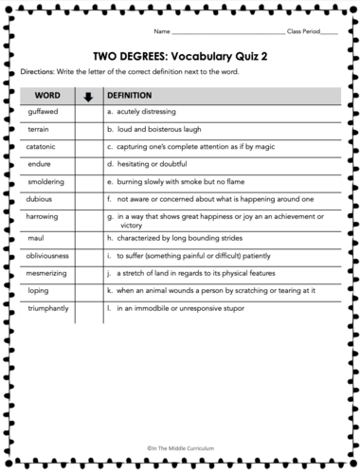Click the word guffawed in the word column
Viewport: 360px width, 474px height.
click(x=44, y=111)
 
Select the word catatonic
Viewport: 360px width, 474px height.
click(x=44, y=147)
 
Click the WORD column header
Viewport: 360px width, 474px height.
click(x=47, y=96)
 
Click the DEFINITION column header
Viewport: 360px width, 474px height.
click(x=131, y=96)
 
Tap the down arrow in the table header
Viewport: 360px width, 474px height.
click(x=88, y=96)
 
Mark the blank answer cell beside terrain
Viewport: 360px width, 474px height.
click(x=88, y=128)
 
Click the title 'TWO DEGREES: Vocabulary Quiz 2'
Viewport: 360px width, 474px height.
click(x=180, y=55)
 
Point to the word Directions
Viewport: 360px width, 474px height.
click(x=38, y=73)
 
